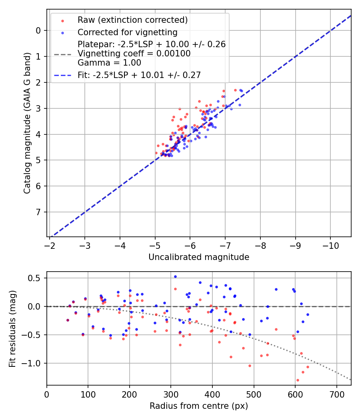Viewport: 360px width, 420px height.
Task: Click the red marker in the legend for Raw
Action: (x=62, y=20)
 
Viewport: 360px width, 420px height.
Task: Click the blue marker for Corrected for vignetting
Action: (x=62, y=32)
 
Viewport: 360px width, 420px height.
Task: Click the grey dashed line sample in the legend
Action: (x=62, y=54)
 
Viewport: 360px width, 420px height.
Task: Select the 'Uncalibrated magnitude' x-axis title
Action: (x=199, y=257)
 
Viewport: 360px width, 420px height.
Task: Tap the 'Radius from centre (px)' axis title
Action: (x=199, y=406)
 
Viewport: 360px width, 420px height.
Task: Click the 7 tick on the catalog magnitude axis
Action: (x=38, y=212)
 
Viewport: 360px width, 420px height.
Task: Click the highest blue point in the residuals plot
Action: (x=175, y=276)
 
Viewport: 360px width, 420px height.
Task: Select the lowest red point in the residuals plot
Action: (x=298, y=380)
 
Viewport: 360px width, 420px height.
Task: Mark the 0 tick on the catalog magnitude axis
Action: (x=38, y=30)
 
